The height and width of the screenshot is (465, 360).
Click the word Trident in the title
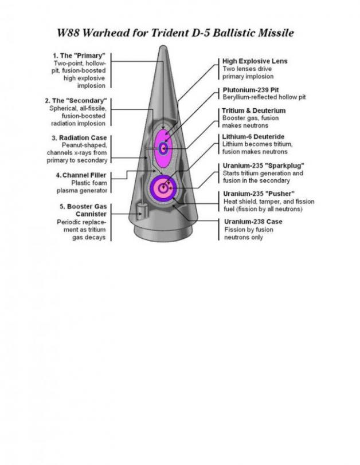tap(169, 33)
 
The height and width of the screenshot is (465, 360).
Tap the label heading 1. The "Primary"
tap(79, 56)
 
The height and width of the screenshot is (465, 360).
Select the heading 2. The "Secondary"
tap(76, 101)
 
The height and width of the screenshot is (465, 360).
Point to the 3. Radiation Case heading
tap(79, 138)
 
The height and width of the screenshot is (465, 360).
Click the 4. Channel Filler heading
tap(81, 175)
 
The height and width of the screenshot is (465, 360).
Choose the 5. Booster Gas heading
tap(83, 206)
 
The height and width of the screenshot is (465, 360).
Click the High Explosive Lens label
tap(255, 61)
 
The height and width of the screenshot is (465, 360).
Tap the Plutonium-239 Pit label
tap(251, 90)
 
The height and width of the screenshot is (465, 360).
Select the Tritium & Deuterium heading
tap(254, 111)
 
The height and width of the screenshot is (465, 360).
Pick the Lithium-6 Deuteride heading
tap(253, 137)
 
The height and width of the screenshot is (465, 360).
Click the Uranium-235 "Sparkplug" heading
tap(264, 165)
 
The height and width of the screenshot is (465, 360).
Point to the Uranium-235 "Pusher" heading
tap(259, 194)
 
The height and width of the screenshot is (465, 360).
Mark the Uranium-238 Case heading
tap(253, 222)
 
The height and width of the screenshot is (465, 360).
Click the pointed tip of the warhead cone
tap(163, 46)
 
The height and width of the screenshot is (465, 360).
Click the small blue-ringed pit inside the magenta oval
tap(163, 148)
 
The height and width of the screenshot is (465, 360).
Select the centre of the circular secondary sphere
tap(163, 188)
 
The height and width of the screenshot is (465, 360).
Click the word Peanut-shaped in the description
tap(84, 145)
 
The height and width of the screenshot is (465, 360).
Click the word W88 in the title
tap(68, 33)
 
